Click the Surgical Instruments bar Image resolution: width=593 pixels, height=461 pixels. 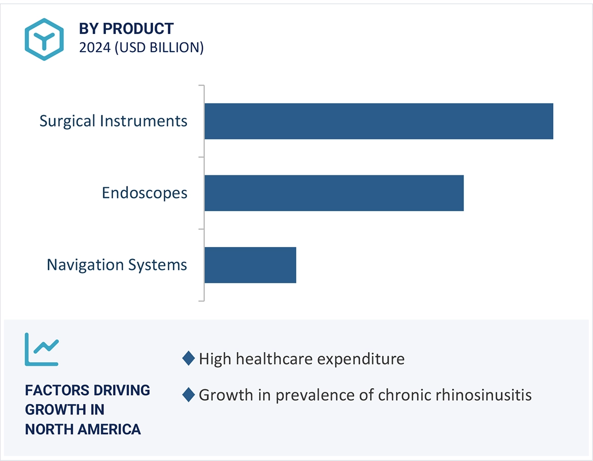[x=379, y=121]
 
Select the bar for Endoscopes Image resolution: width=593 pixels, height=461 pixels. [x=334, y=193]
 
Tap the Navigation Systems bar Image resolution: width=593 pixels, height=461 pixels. [x=250, y=265]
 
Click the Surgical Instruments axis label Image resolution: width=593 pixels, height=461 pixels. [x=114, y=121]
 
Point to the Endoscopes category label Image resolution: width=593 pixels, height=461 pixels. [x=144, y=193]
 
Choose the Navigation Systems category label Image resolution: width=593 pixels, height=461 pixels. [x=117, y=265]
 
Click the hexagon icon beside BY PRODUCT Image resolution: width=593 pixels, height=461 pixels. [x=44, y=40]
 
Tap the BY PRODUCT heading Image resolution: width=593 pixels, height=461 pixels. [x=126, y=29]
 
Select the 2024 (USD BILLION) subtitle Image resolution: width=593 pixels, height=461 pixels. [x=141, y=48]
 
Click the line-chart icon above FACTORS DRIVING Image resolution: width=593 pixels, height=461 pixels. [x=42, y=349]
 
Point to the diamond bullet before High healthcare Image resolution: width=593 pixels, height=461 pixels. [x=188, y=359]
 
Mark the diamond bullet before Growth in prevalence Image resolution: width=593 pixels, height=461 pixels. [x=188, y=395]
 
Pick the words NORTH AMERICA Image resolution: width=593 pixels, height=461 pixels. [x=83, y=429]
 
